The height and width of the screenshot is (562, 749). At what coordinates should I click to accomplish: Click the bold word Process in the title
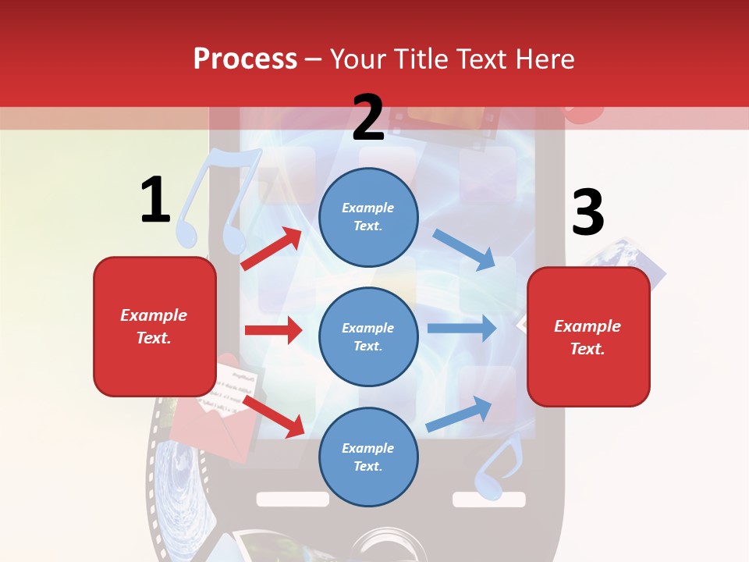pyautogui.click(x=245, y=59)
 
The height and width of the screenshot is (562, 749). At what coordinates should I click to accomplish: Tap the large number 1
pyautogui.click(x=155, y=200)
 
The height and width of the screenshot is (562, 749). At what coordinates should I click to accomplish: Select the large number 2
pyautogui.click(x=368, y=117)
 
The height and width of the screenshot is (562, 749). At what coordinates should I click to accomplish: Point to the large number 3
pyautogui.click(x=587, y=213)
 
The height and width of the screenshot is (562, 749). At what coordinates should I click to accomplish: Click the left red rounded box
pyautogui.click(x=154, y=326)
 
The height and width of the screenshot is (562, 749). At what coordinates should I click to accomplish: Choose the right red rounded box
pyautogui.click(x=588, y=336)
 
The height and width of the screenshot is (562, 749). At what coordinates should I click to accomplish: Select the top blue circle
pyautogui.click(x=368, y=216)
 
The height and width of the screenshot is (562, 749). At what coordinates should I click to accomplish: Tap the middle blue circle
pyautogui.click(x=368, y=336)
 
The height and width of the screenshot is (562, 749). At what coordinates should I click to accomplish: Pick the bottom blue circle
pyautogui.click(x=368, y=457)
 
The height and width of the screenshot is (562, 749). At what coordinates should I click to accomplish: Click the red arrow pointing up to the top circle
pyautogui.click(x=272, y=248)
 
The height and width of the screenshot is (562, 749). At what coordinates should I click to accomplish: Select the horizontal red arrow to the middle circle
pyautogui.click(x=273, y=330)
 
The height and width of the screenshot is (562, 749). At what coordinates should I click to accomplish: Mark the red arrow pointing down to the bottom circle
pyautogui.click(x=274, y=416)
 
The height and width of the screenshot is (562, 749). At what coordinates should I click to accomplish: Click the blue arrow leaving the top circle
pyautogui.click(x=463, y=249)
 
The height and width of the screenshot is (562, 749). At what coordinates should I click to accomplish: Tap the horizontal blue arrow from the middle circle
pyautogui.click(x=461, y=328)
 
